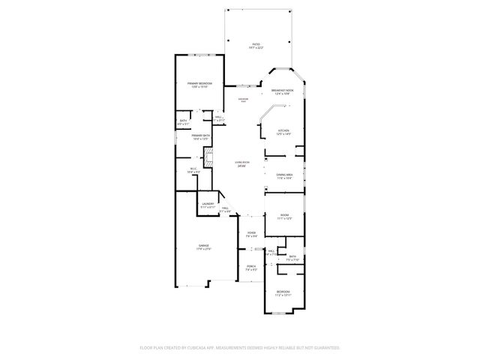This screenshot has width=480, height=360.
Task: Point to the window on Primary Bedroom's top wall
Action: [199, 55]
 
